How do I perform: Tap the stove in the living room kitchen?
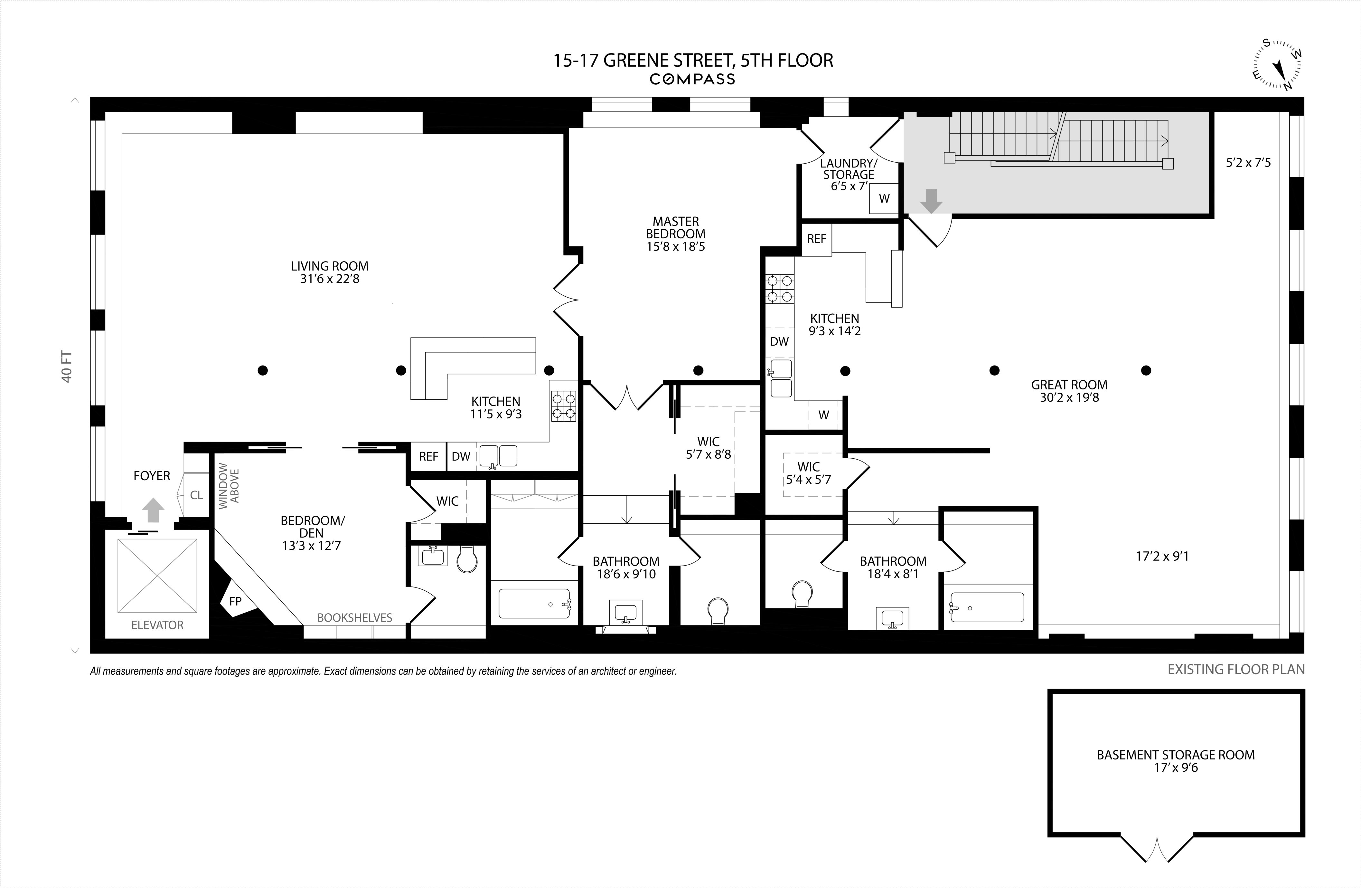[x=563, y=406]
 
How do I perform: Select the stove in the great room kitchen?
[x=780, y=289]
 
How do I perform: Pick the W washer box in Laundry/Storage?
[x=884, y=198]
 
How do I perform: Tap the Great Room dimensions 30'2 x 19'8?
[x=1069, y=397]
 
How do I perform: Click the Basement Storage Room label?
[x=1176, y=755]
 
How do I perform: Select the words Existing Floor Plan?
[x=1236, y=669]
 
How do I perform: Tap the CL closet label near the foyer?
[x=196, y=495]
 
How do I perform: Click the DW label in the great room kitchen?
[x=779, y=342]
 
